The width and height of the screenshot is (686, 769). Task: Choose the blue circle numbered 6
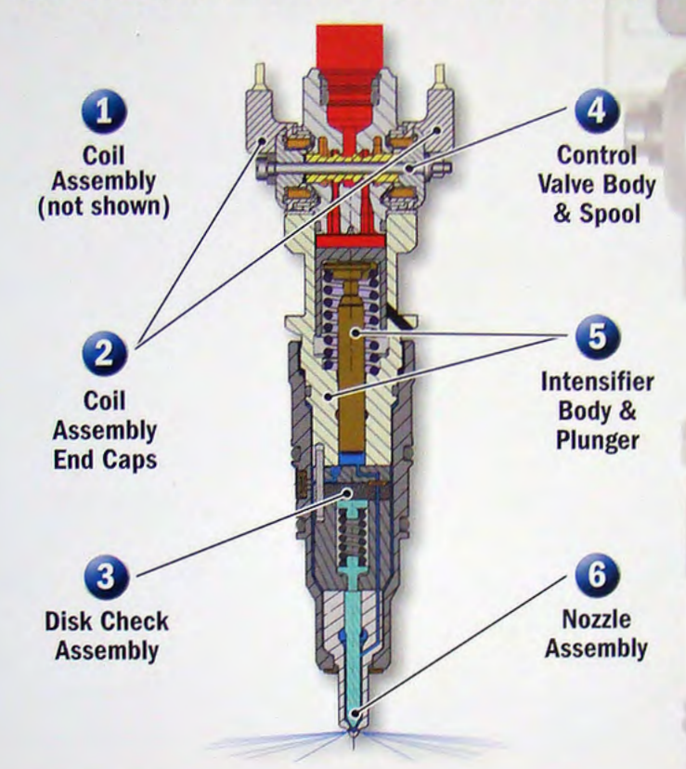click(594, 576)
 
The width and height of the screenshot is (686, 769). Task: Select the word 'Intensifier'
click(598, 382)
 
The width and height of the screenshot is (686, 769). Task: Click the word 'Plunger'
click(598, 439)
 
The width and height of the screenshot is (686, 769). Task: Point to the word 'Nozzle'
click(595, 619)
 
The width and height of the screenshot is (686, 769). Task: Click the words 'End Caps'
click(104, 459)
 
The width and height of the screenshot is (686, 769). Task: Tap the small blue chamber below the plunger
click(352, 458)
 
